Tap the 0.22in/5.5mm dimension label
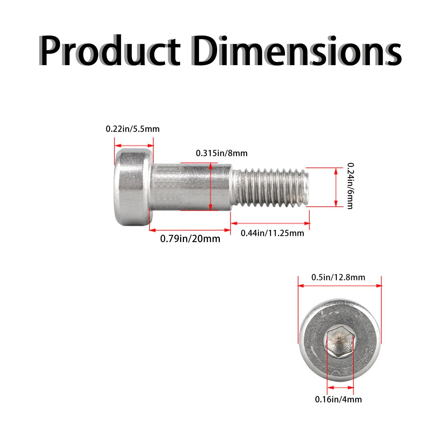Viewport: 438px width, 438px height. pyautogui.click(x=132, y=129)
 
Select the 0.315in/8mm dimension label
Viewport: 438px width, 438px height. pyautogui.click(x=221, y=153)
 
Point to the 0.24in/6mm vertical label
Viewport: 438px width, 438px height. pyautogui.click(x=350, y=186)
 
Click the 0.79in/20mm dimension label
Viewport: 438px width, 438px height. pyautogui.click(x=190, y=239)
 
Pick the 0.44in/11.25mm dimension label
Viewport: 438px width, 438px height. pyautogui.click(x=272, y=233)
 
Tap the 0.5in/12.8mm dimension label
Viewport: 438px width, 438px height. pyautogui.click(x=338, y=277)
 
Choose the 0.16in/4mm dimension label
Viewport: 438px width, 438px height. pyautogui.click(x=338, y=399)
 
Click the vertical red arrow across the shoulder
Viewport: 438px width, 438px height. pyautogui.click(x=210, y=187)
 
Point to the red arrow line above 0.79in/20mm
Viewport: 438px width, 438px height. pyautogui.click(x=190, y=230)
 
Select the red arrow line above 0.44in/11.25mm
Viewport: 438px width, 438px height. pyautogui.click(x=270, y=223)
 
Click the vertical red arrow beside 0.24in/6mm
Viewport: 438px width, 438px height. pyautogui.click(x=336, y=187)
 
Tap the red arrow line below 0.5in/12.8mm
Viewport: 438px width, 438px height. pyautogui.click(x=339, y=286)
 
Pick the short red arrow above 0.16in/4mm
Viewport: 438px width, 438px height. pyautogui.click(x=340, y=388)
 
